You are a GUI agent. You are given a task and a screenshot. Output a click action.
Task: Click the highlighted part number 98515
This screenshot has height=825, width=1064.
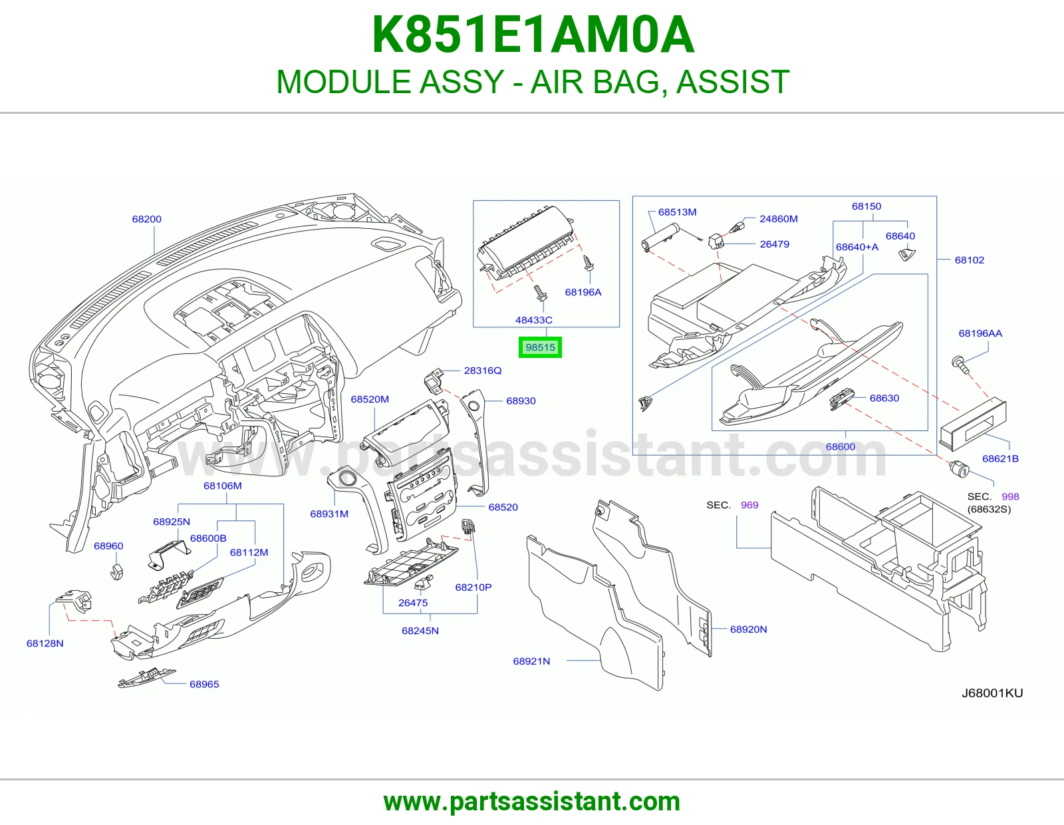[x=540, y=347]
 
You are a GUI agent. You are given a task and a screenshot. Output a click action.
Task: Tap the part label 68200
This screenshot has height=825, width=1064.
[x=146, y=219]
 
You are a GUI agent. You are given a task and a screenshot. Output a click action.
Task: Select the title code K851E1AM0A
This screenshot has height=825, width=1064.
[x=533, y=35]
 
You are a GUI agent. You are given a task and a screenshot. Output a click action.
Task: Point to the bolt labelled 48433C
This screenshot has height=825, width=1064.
[x=540, y=293]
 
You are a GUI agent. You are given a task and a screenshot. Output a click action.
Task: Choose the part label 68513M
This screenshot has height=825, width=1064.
[x=677, y=212]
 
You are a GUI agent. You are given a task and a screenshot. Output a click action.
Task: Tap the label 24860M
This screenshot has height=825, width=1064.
[x=779, y=219]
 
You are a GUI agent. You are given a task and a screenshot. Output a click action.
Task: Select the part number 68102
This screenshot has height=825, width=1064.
[x=969, y=260]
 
